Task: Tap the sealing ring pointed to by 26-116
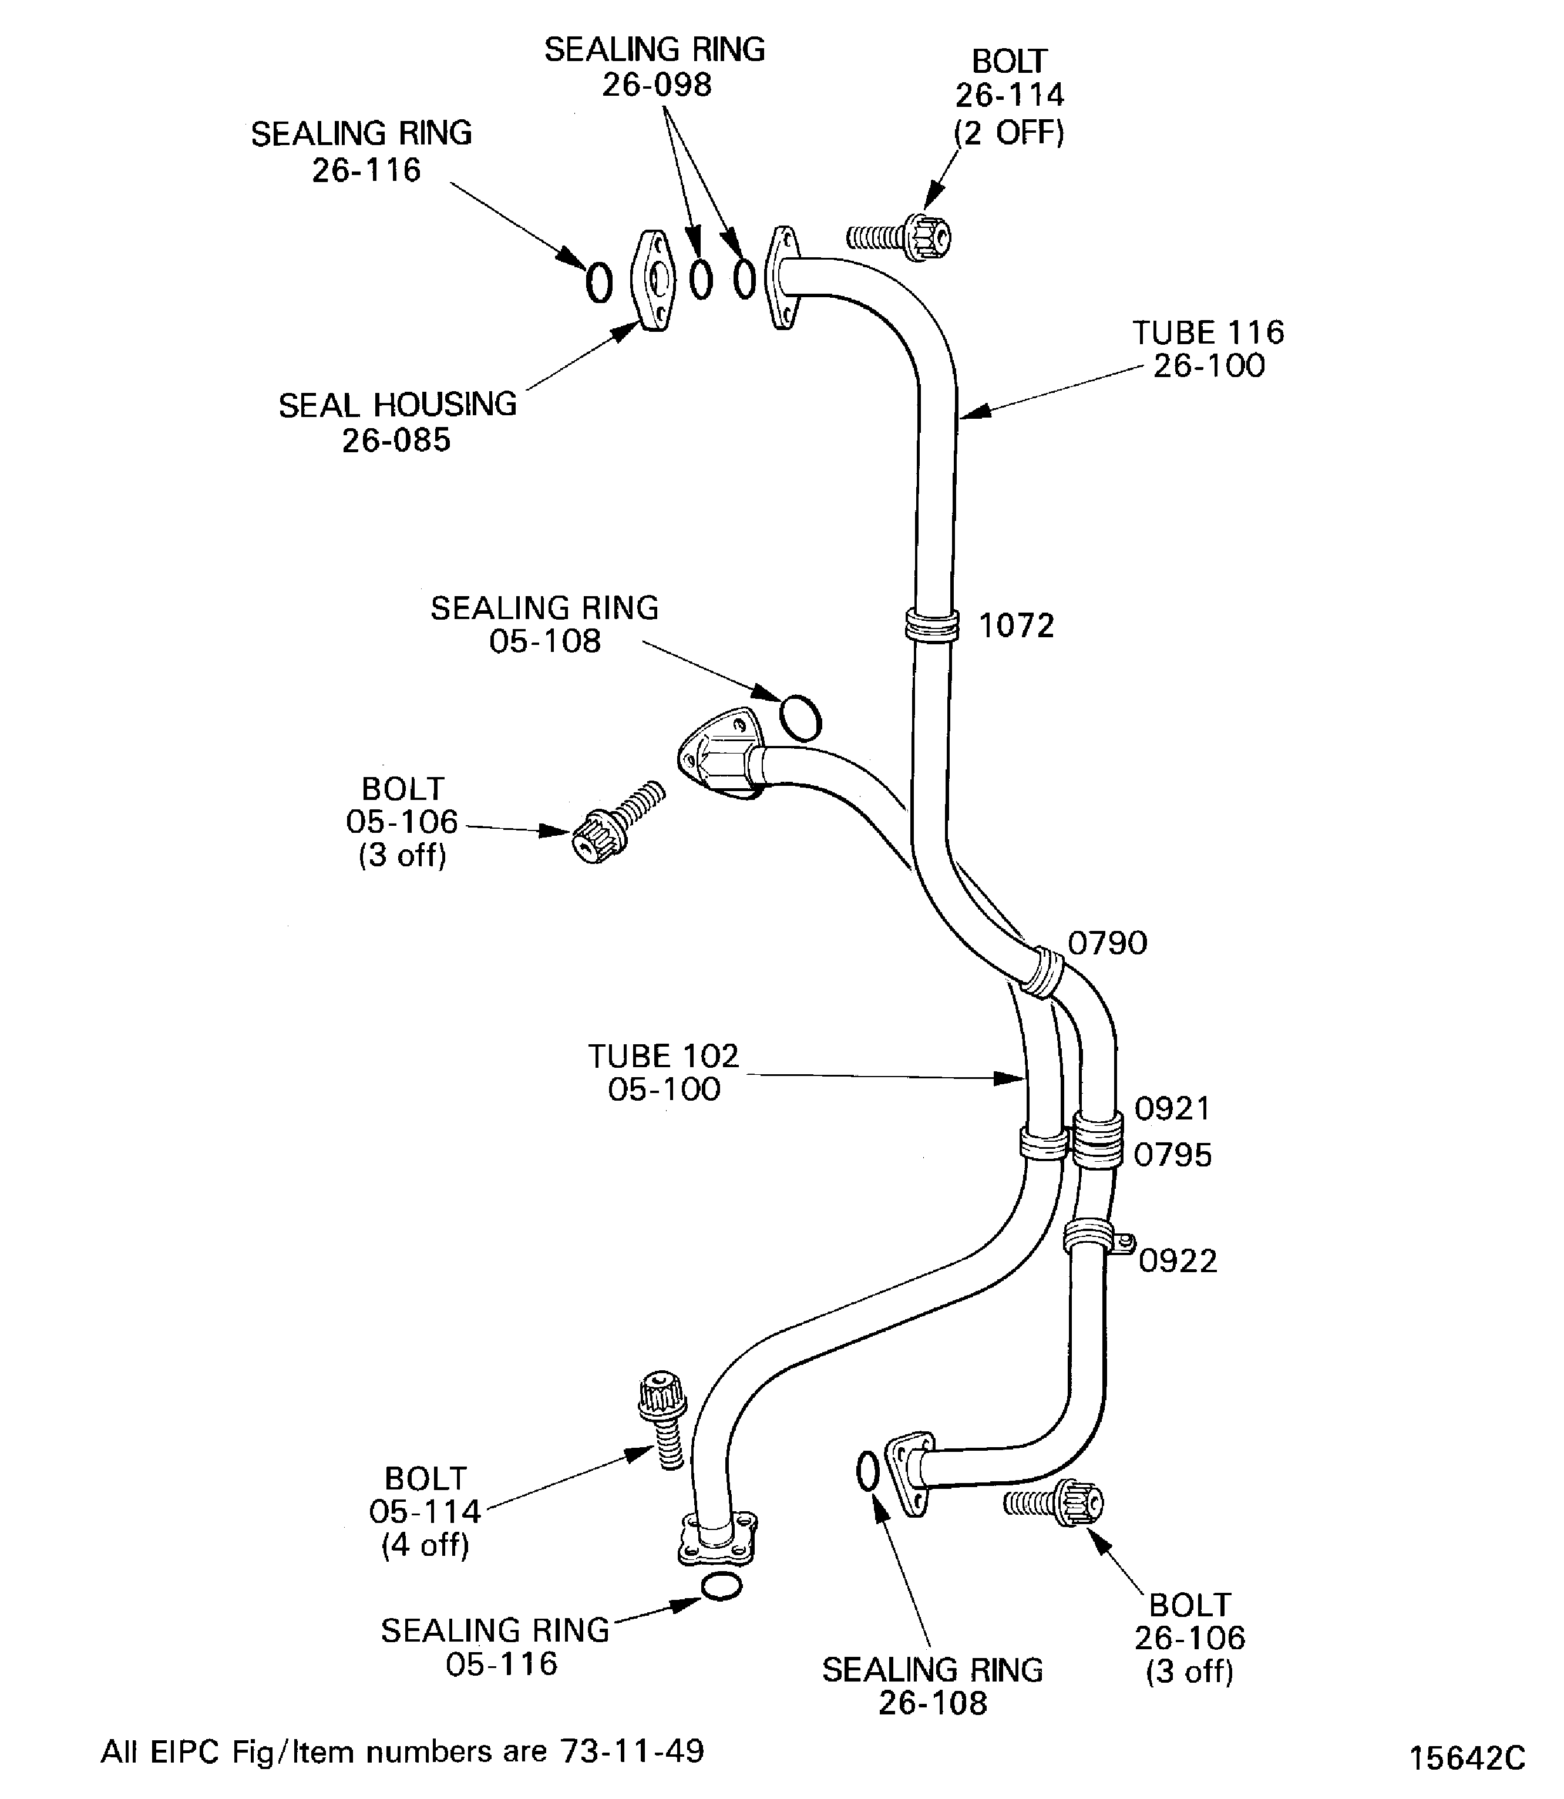click(x=598, y=283)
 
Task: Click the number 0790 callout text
click(x=1106, y=943)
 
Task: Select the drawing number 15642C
click(x=1467, y=1757)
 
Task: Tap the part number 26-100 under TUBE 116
click(x=1209, y=366)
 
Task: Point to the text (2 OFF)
click(x=1009, y=133)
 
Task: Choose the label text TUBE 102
click(x=663, y=1055)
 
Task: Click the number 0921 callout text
click(x=1172, y=1108)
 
